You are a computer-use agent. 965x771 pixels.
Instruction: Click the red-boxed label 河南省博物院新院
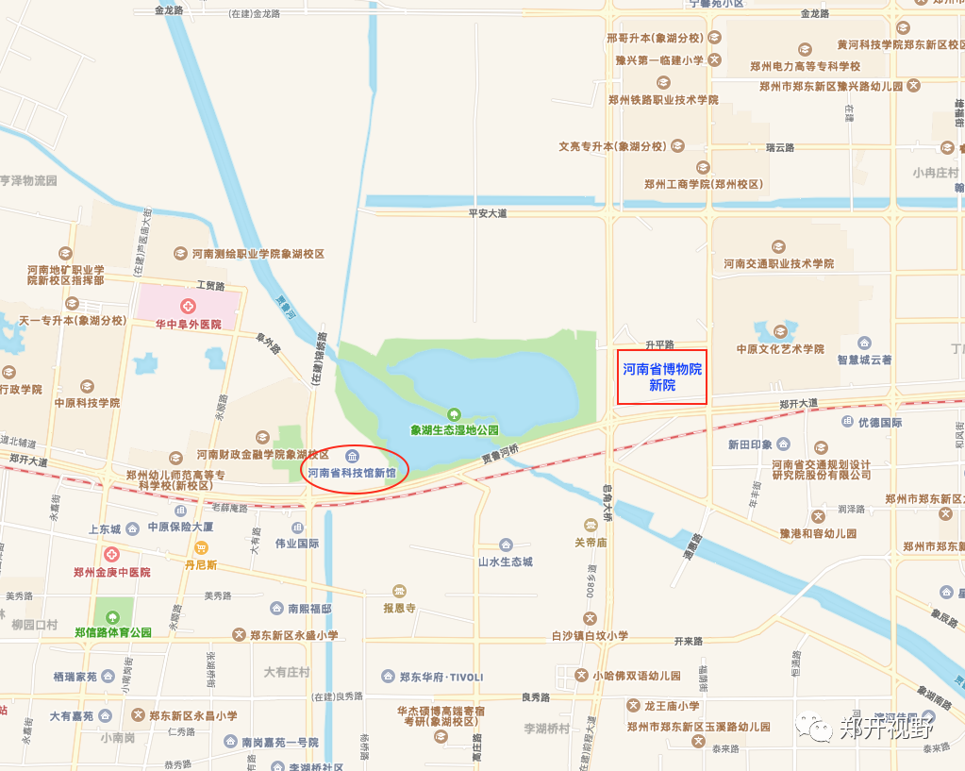point(662,377)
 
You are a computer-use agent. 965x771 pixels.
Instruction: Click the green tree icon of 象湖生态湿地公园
point(454,413)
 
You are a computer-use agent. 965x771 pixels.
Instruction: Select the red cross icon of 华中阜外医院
point(189,307)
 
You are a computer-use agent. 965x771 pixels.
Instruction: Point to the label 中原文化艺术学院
point(780,349)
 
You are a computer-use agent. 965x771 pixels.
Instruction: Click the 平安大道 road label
point(488,213)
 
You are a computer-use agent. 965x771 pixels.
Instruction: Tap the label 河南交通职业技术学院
point(778,263)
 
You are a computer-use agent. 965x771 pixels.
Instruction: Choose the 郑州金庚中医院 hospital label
point(112,572)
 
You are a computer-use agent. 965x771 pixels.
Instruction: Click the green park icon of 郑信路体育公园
point(113,617)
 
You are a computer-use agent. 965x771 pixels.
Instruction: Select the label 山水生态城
point(505,561)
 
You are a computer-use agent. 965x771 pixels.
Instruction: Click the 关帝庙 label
point(591,543)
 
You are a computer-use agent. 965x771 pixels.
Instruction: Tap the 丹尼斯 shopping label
point(200,564)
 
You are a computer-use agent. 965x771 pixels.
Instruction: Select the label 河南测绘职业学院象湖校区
point(258,254)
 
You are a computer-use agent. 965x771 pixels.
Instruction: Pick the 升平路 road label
point(659,344)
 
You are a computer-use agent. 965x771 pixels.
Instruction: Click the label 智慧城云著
point(864,360)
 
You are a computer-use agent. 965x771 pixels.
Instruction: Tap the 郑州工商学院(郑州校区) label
point(704,184)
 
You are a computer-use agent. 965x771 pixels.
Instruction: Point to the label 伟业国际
point(297,544)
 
